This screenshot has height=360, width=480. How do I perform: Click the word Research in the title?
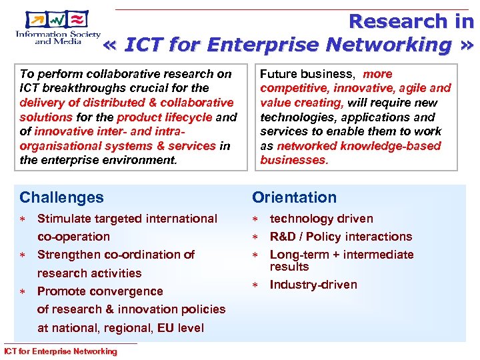click(392, 21)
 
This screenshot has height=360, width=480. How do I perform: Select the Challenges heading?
click(61, 197)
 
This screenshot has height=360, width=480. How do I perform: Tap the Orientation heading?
click(294, 197)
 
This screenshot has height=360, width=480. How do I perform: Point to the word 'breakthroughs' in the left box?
click(78, 88)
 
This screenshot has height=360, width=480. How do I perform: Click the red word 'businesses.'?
click(294, 161)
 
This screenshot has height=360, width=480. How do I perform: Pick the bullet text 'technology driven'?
click(321, 219)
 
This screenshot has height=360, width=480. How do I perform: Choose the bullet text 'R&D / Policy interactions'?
click(341, 237)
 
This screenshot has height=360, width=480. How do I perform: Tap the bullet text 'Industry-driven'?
click(313, 285)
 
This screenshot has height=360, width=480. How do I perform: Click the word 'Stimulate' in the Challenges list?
click(65, 219)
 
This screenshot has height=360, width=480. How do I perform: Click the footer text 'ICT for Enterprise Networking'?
click(60, 351)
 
